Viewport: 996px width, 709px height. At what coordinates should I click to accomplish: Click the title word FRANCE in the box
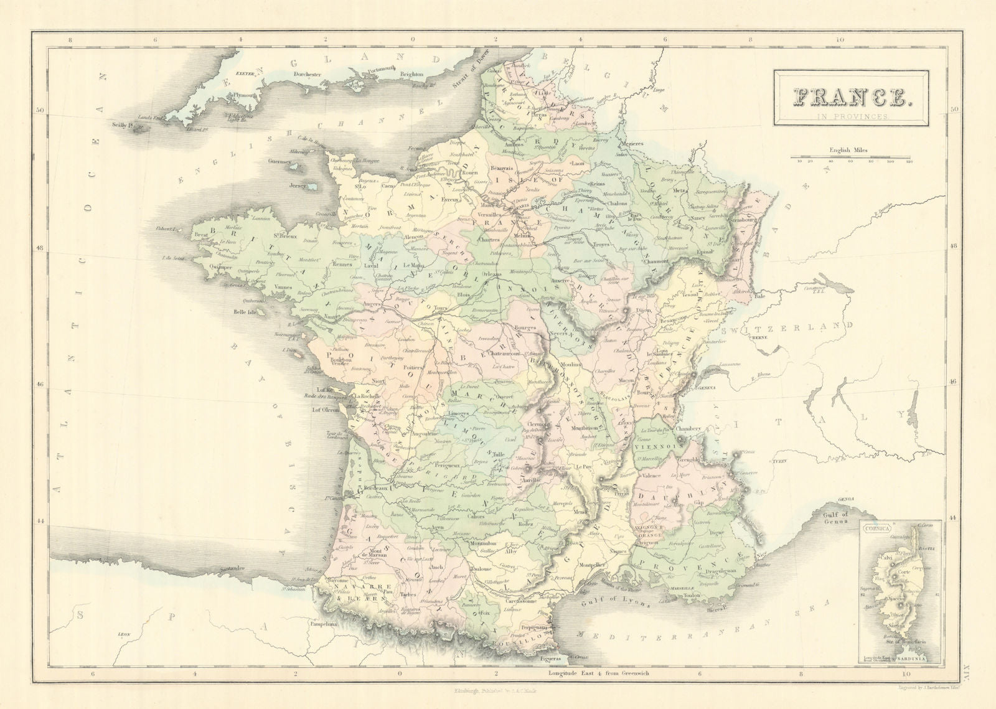[x=852, y=97]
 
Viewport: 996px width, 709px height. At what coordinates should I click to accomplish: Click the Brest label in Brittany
[x=200, y=235]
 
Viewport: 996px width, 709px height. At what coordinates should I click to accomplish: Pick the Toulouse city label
[x=482, y=568]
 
